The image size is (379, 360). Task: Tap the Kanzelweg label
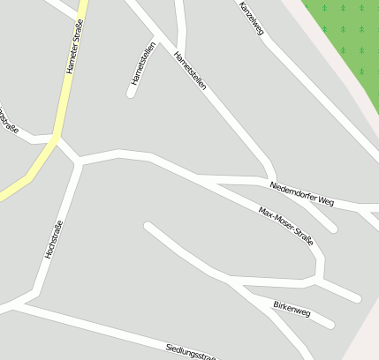pos(252,19)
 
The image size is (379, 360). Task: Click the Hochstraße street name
pos(54,238)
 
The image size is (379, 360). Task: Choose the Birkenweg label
pos(292,308)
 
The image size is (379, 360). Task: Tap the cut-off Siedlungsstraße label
pos(191,352)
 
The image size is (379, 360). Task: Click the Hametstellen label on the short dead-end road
pos(143,64)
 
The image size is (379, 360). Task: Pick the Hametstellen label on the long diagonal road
pos(190,70)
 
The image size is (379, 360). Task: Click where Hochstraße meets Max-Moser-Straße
pos(80,161)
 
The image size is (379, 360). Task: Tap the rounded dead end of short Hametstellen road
pos(131,93)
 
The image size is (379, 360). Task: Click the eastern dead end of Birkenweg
pos(329,323)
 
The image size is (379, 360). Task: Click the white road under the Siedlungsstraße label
pos(133,336)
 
